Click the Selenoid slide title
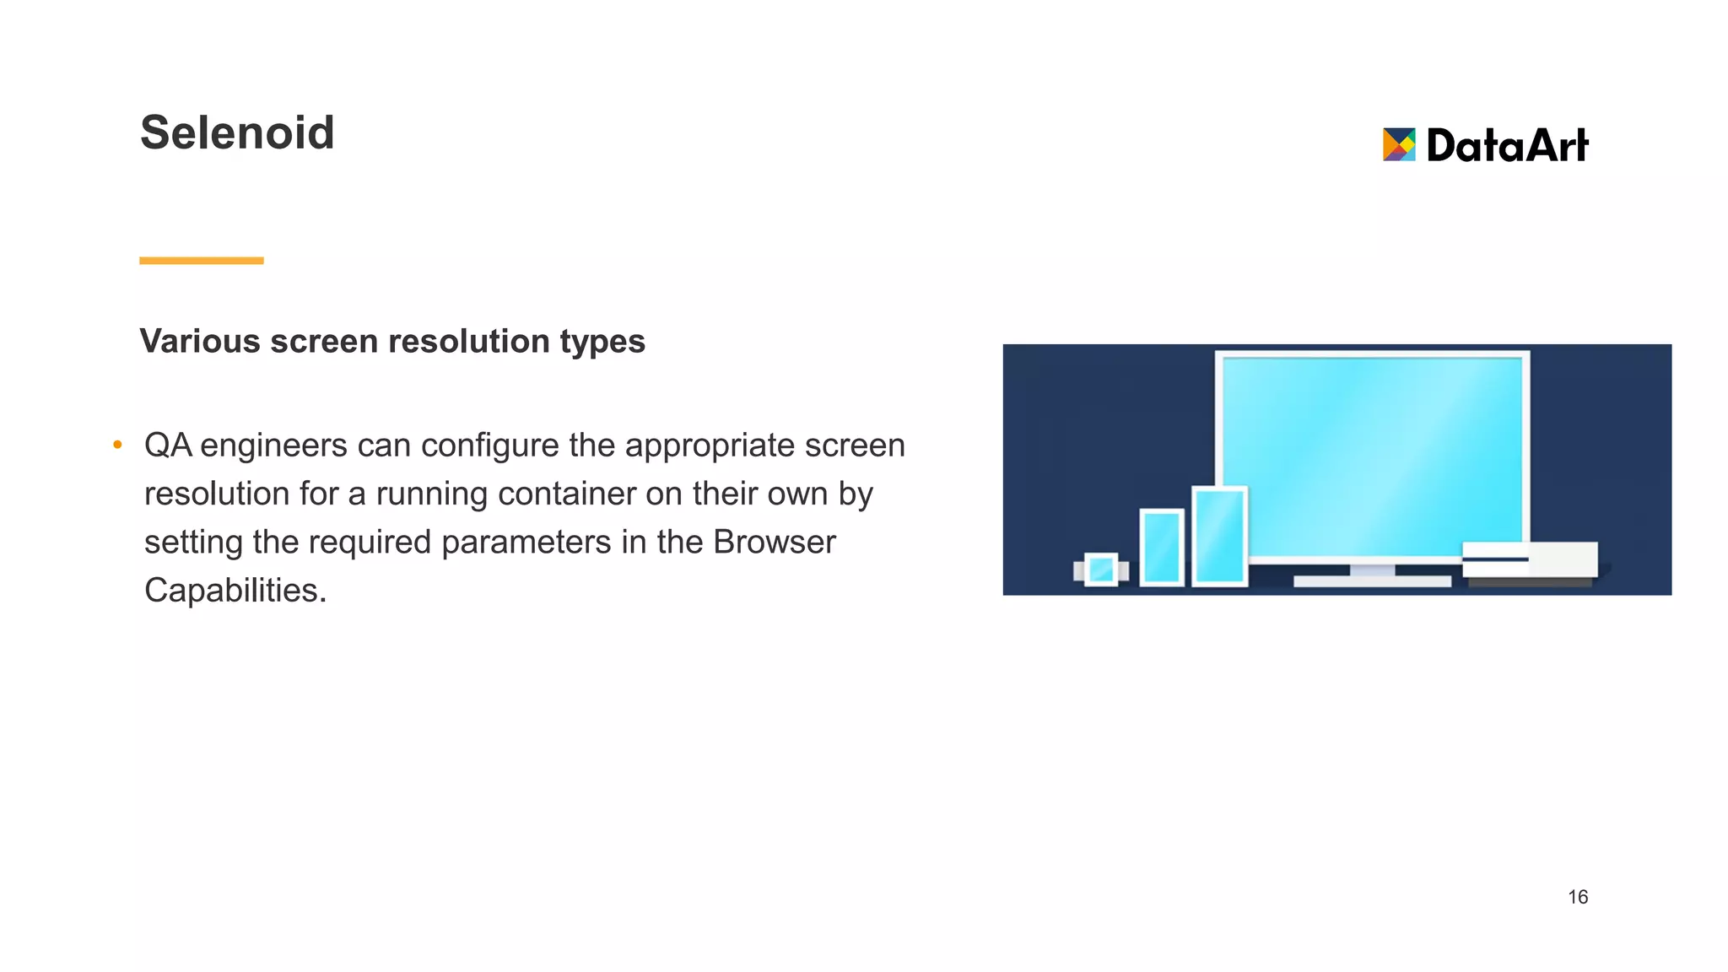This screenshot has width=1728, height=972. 237,133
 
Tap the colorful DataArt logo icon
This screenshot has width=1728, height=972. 1398,144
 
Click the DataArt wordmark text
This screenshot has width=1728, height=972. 1507,145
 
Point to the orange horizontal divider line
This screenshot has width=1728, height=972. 201,261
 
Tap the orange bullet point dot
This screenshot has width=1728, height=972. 117,445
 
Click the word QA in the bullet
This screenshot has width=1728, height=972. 168,445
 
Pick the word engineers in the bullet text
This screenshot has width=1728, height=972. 273,446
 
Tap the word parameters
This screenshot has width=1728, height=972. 526,543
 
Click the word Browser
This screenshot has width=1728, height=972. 774,542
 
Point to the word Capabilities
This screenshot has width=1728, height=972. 235,591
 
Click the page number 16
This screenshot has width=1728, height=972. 1578,897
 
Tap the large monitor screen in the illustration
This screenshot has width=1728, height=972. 1372,456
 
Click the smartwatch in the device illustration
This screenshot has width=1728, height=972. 1101,570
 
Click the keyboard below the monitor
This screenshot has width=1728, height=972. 1372,581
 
